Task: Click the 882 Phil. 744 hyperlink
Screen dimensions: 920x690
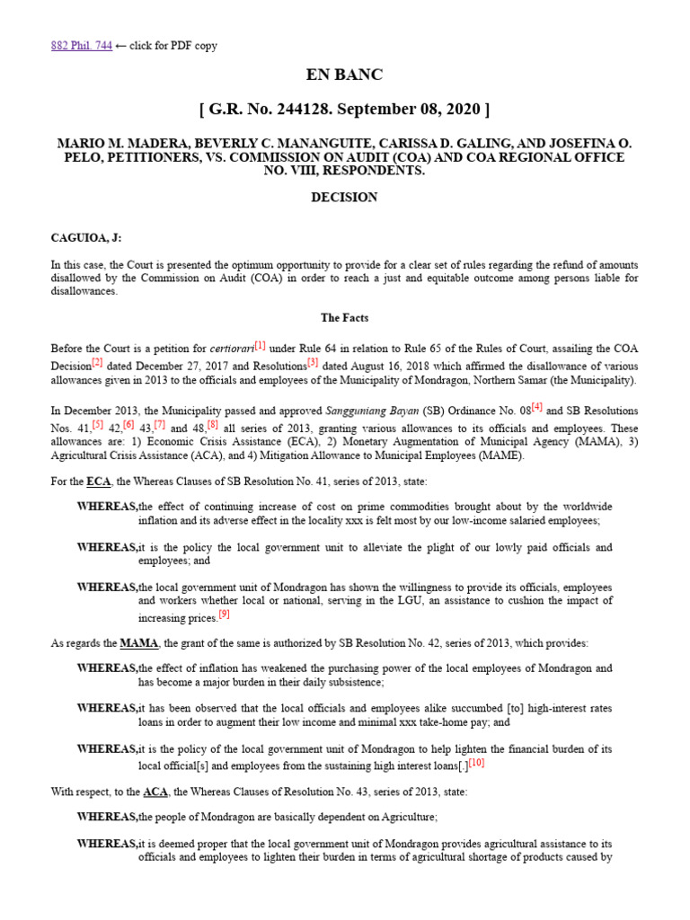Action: [81, 46]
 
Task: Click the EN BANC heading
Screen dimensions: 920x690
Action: [345, 75]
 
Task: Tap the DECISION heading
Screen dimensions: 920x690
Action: [345, 197]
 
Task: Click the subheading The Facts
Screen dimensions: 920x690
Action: [345, 318]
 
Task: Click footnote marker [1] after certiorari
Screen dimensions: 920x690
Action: [261, 344]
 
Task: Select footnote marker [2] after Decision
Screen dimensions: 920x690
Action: [97, 363]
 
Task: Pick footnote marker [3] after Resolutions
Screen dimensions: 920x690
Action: [313, 363]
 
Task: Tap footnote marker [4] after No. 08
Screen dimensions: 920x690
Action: [537, 407]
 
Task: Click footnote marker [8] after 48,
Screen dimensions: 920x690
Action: [213, 424]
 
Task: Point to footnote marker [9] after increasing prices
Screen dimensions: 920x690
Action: [225, 615]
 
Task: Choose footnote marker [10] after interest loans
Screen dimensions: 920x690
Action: [476, 763]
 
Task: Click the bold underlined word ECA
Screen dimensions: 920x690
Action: [99, 482]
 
